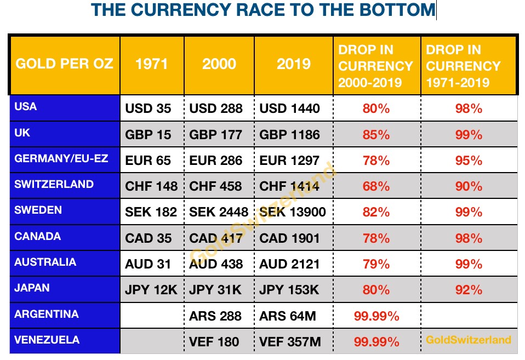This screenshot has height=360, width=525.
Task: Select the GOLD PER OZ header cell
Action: point(65,64)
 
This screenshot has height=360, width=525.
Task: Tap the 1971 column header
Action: point(151,64)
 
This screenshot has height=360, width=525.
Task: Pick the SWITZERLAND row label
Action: point(54,184)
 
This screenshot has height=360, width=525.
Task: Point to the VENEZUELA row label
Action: point(47,340)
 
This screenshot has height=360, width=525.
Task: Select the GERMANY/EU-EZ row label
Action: point(61,158)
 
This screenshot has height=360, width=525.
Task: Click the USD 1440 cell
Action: point(289,108)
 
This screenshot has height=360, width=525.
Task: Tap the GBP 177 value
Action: point(216,135)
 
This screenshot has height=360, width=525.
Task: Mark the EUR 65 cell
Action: point(148,161)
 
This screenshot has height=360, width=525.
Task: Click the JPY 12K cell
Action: point(151,290)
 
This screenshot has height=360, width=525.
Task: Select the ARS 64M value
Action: point(287,316)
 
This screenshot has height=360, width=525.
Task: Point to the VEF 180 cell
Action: point(214,342)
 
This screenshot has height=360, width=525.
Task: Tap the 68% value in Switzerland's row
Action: point(376,187)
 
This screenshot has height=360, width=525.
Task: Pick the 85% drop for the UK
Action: point(376,135)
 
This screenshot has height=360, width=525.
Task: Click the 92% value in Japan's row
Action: point(469,290)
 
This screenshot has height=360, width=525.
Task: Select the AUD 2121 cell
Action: point(289,265)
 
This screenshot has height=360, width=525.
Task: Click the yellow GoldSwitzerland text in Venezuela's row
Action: point(468,340)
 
